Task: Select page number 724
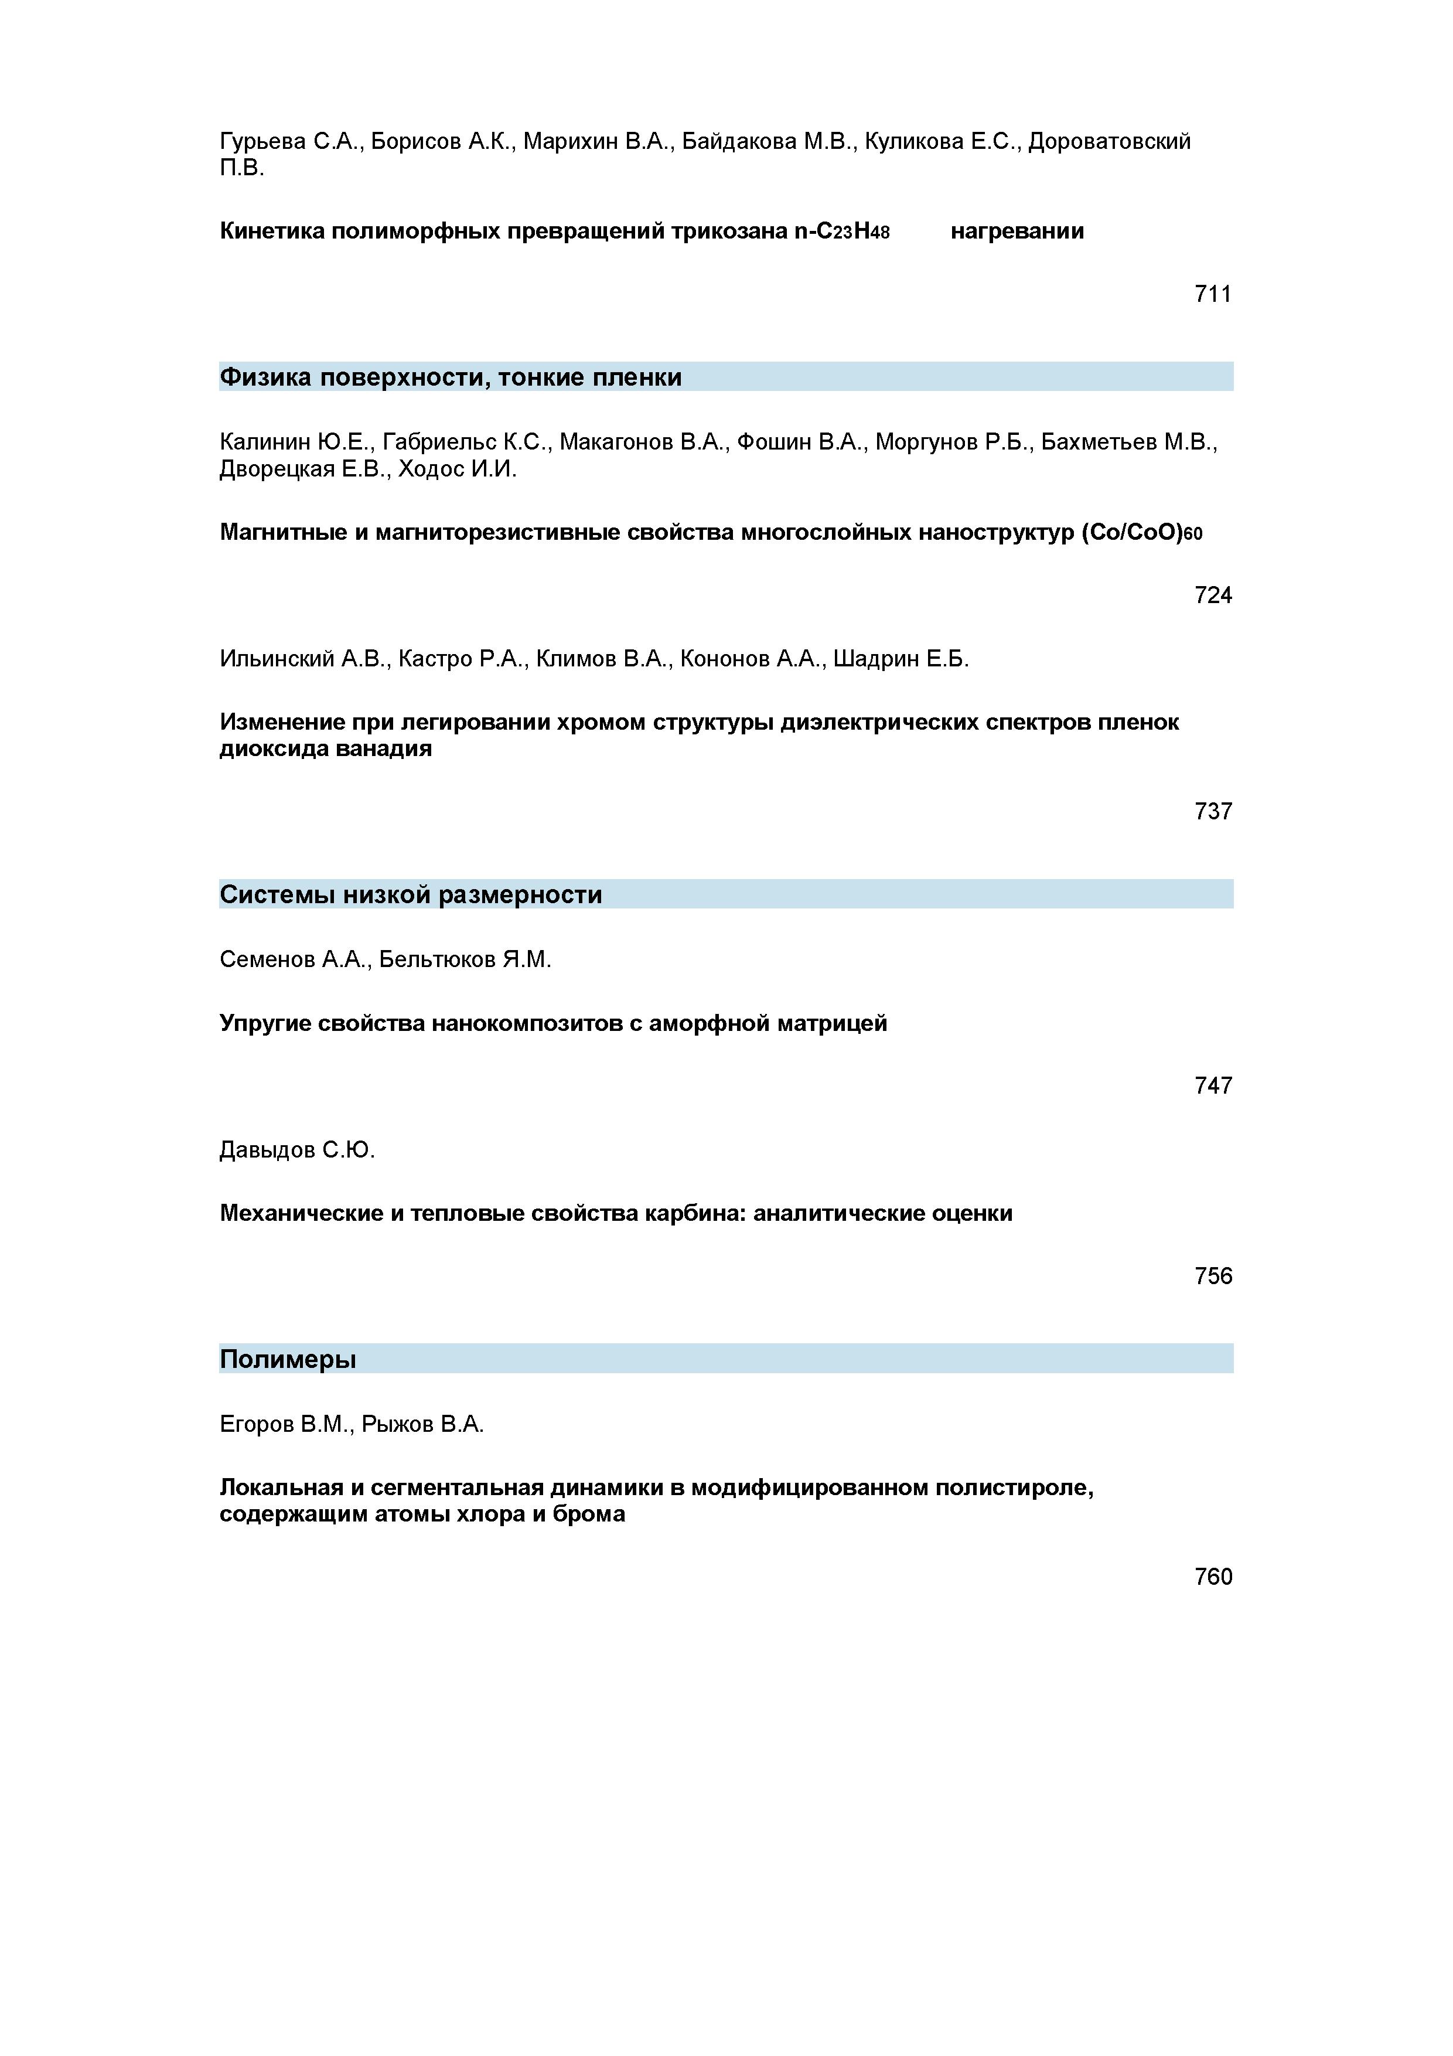(1212, 595)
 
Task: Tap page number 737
(1212, 811)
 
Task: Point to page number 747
(1212, 1086)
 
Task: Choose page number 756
(1212, 1276)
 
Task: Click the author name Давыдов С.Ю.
(297, 1150)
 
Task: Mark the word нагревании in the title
(1017, 231)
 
